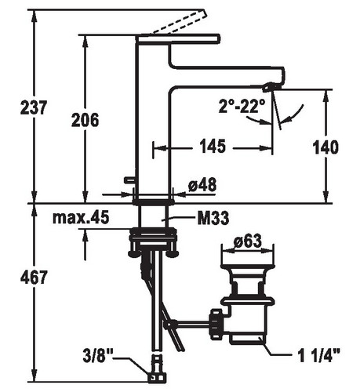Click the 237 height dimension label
tap(34, 107)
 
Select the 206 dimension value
tap(85, 120)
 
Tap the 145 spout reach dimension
tap(213, 146)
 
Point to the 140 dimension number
tap(325, 147)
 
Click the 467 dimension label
tap(34, 277)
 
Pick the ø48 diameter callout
tap(202, 184)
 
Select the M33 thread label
tap(213, 218)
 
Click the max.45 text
tap(81, 217)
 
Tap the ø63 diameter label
tap(248, 241)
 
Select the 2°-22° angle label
tap(242, 106)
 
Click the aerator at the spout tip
tap(268, 87)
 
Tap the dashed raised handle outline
tap(178, 22)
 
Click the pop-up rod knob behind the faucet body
tap(129, 180)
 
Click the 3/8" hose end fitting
tap(157, 377)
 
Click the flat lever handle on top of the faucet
tap(178, 38)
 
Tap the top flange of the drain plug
tap(248, 267)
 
